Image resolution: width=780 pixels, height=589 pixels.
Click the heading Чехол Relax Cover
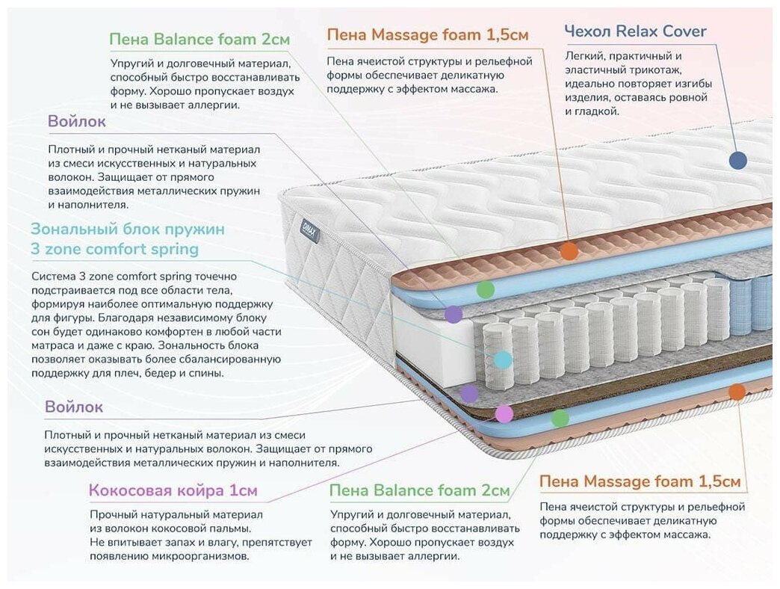point(635,31)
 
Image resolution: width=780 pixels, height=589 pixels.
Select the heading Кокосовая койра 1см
point(173,491)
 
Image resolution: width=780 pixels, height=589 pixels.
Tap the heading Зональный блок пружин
point(127,229)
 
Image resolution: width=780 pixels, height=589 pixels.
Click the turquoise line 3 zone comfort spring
point(115,249)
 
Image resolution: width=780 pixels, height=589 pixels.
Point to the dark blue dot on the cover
point(737,160)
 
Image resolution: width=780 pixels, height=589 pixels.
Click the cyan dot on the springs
point(504,360)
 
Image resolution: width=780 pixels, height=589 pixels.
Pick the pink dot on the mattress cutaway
point(504,413)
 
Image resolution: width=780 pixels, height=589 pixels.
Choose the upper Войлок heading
point(77,122)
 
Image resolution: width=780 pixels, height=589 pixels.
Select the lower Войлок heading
point(74,407)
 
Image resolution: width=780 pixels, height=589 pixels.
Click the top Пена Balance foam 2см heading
point(199,39)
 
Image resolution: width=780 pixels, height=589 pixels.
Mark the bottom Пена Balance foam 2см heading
point(419,491)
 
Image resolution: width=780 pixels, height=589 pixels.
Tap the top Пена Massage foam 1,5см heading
point(428,35)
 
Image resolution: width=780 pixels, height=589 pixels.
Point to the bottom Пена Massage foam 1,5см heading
point(640,481)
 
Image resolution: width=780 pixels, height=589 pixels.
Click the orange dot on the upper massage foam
point(569,251)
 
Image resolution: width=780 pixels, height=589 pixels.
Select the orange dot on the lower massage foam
point(737,392)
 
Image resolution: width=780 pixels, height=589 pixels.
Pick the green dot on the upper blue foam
point(486,290)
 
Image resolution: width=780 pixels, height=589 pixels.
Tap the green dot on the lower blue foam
point(560,419)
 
